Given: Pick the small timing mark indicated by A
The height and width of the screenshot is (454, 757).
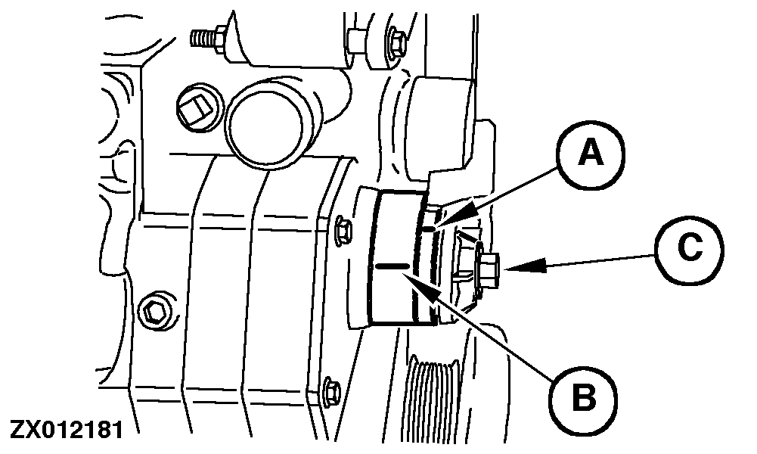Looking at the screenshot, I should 429,228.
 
